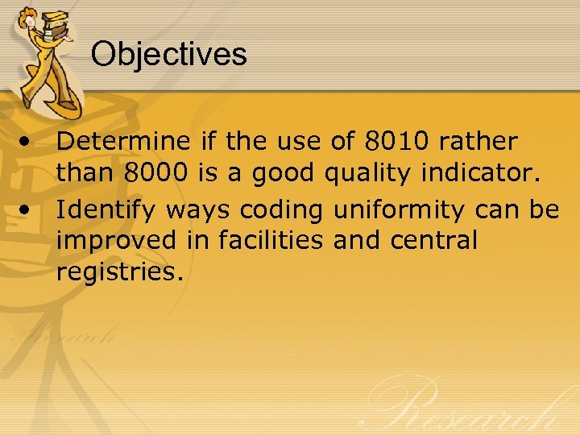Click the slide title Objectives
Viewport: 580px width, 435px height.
168,54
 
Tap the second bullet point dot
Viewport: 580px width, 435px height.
28,209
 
